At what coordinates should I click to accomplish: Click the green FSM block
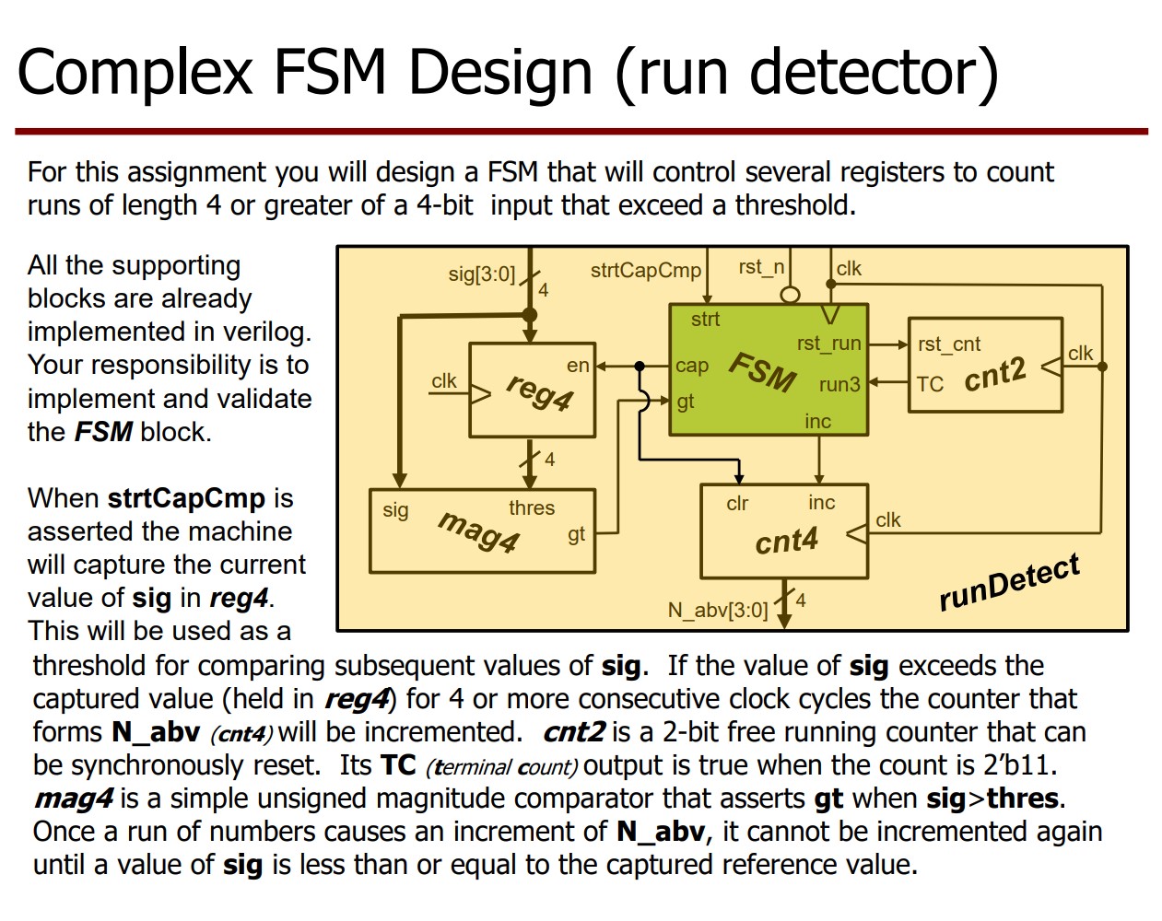pyautogui.click(x=768, y=369)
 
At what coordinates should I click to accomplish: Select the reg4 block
pyautogui.click(x=532, y=391)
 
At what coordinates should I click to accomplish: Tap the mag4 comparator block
pyautogui.click(x=482, y=531)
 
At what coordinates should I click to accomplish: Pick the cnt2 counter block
pyautogui.click(x=985, y=365)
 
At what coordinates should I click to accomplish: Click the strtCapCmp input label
pyautogui.click(x=645, y=271)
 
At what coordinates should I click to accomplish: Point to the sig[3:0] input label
pyautogui.click(x=481, y=274)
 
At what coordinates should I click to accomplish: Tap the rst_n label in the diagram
pyautogui.click(x=761, y=267)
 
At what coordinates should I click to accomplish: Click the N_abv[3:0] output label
pyautogui.click(x=718, y=610)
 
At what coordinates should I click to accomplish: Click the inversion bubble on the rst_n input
pyautogui.click(x=790, y=295)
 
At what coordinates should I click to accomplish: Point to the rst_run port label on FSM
pyautogui.click(x=828, y=344)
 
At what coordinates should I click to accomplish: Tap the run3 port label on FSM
pyautogui.click(x=839, y=384)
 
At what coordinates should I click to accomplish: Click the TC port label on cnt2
pyautogui.click(x=930, y=384)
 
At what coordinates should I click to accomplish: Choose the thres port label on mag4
pyautogui.click(x=532, y=507)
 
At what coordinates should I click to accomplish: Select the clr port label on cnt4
pyautogui.click(x=737, y=504)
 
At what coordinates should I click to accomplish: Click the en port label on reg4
pyautogui.click(x=578, y=366)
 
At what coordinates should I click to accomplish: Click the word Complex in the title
pyautogui.click(x=135, y=72)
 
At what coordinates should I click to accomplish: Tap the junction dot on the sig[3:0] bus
pyautogui.click(x=530, y=315)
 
